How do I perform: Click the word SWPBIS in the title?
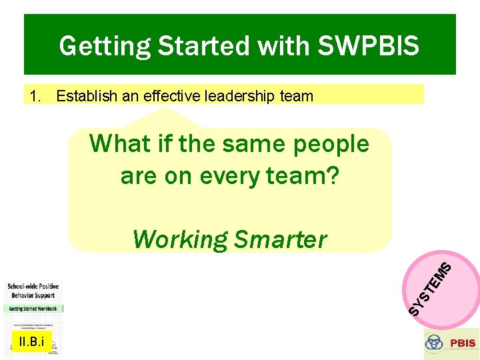click(x=369, y=46)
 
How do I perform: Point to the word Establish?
click(x=84, y=96)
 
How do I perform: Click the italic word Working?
click(x=180, y=239)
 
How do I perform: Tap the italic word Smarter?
click(x=280, y=239)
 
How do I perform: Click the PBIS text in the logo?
click(x=462, y=343)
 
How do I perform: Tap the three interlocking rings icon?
click(x=435, y=343)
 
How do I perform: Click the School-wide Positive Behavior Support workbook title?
click(x=32, y=290)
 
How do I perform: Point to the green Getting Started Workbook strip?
click(x=33, y=309)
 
